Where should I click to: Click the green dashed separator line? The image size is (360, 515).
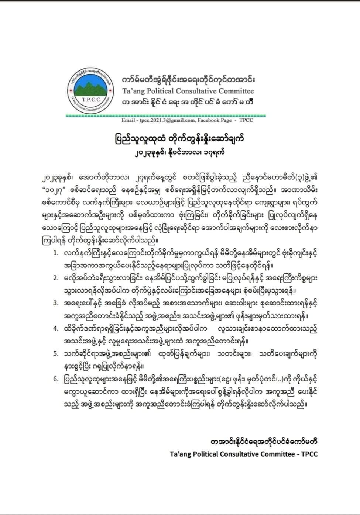(x=162, y=115)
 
